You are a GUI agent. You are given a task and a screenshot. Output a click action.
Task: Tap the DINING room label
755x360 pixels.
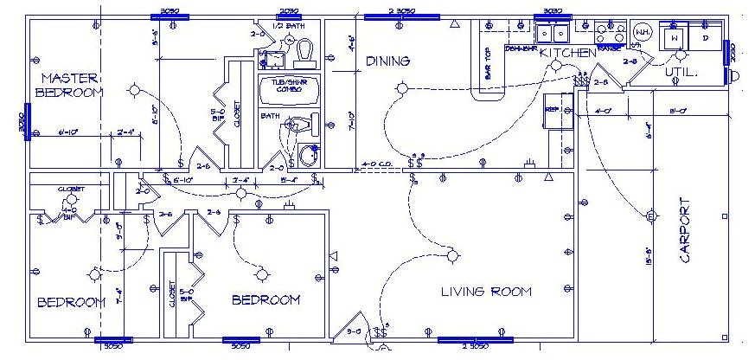click(x=387, y=61)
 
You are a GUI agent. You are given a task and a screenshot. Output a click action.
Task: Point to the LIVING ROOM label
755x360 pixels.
click(x=486, y=291)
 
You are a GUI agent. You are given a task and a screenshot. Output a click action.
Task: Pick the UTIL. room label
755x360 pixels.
click(x=681, y=73)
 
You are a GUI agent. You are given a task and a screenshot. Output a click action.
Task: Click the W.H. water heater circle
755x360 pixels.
click(x=643, y=32)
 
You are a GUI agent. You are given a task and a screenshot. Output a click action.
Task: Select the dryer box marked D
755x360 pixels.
click(x=706, y=38)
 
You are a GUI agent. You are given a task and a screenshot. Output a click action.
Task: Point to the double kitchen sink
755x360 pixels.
click(x=551, y=34)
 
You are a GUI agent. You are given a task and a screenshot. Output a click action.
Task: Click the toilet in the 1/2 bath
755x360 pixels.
click(x=304, y=53)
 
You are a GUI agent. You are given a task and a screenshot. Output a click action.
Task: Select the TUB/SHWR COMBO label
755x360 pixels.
click(x=290, y=87)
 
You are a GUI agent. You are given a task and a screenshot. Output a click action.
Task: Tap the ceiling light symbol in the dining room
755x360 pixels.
click(x=401, y=88)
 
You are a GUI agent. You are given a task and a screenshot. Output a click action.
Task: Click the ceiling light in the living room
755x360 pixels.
click(x=452, y=255)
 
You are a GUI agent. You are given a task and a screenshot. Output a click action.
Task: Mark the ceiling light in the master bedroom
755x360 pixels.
click(x=135, y=90)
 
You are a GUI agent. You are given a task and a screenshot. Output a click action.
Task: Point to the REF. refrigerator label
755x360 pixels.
click(x=552, y=109)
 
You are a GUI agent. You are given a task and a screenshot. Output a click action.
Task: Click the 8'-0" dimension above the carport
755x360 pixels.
click(x=678, y=111)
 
